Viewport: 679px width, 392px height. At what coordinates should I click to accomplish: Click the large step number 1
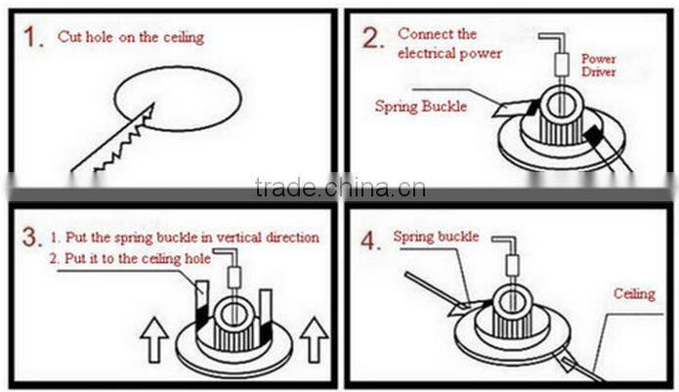(32, 37)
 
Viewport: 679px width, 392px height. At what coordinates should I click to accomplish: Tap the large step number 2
(373, 38)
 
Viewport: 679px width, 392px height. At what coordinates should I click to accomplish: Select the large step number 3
(32, 238)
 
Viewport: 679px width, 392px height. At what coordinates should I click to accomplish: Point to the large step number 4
(371, 240)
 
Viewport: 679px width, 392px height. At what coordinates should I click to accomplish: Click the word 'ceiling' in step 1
(184, 37)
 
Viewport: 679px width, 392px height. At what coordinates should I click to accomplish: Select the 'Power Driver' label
(599, 65)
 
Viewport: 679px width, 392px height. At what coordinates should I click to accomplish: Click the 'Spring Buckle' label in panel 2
(421, 107)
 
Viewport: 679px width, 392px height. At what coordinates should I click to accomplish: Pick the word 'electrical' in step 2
(427, 54)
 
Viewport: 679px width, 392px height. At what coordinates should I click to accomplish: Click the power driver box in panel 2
(561, 65)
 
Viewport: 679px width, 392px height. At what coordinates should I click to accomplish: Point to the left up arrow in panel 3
(154, 340)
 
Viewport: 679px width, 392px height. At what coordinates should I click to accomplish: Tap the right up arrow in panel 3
(315, 339)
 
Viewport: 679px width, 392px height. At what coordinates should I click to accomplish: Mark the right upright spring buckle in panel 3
(266, 315)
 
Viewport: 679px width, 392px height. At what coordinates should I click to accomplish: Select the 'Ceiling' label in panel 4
(634, 293)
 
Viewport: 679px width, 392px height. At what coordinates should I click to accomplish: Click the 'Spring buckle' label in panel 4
(436, 237)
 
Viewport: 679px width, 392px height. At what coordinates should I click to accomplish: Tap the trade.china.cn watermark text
(340, 188)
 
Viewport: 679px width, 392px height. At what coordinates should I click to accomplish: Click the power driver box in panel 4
(512, 264)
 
